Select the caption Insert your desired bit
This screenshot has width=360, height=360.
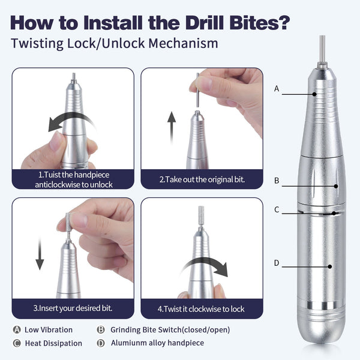pos(72,308)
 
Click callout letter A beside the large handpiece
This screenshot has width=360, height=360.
pos(277,88)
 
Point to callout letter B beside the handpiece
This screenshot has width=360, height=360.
pos(277,180)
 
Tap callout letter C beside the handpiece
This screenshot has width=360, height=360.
pos(277,209)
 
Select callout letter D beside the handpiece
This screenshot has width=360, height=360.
pos(277,263)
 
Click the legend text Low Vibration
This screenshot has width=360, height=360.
pos(49,329)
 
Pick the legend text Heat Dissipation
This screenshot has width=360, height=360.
pos(53,343)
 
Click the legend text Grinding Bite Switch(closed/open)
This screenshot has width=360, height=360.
pos(170,329)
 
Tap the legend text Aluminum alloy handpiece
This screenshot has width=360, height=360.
pos(157,343)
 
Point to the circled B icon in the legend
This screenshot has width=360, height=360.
pos(101,329)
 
